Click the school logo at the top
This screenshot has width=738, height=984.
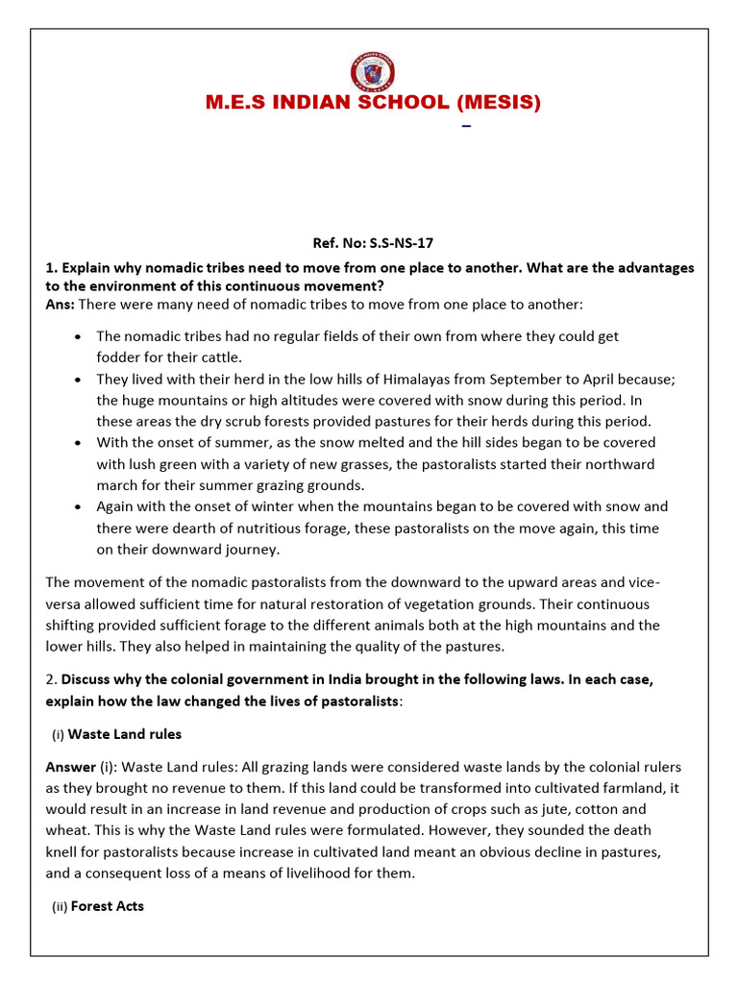pos(372,72)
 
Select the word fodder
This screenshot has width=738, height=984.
pos(119,358)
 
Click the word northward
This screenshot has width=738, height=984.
pos(618,464)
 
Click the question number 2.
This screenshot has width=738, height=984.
pos(50,680)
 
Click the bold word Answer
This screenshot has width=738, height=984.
pos(70,767)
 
